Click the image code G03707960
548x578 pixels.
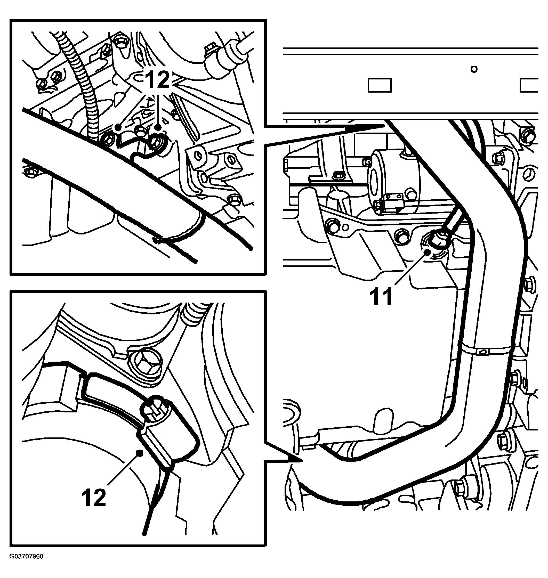[27, 556]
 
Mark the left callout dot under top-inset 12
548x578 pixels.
[118, 127]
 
